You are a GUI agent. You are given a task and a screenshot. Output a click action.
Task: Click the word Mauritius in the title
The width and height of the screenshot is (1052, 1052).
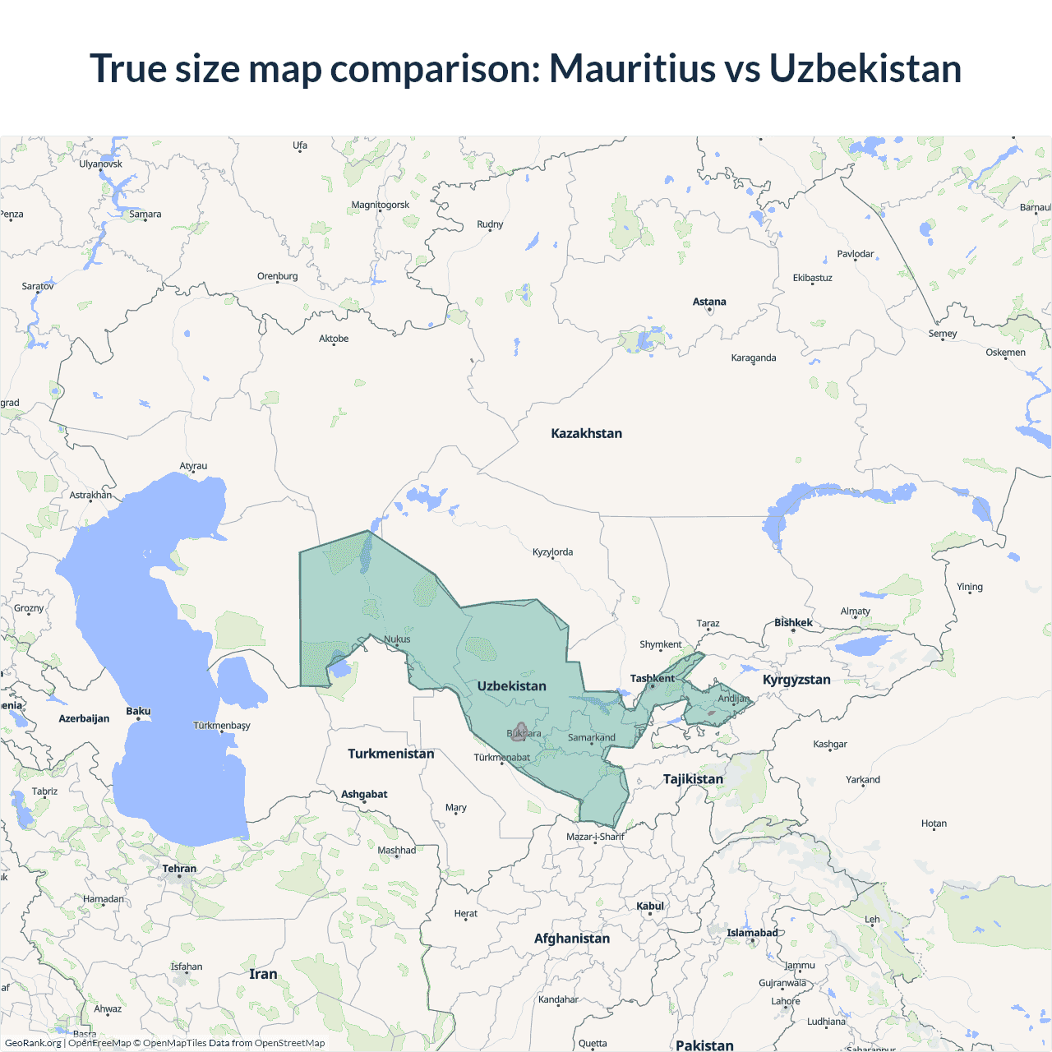coord(631,68)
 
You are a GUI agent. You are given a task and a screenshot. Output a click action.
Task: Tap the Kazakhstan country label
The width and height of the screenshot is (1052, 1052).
coord(586,433)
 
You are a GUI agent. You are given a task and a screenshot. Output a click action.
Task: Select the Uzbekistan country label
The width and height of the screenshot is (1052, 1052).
coord(511,686)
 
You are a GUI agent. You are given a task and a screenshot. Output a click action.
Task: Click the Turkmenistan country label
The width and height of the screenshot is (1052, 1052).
coord(390,754)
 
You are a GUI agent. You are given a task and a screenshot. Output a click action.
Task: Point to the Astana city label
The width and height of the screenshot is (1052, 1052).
coord(709,302)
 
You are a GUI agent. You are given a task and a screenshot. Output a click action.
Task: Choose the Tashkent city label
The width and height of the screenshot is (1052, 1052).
coord(652,679)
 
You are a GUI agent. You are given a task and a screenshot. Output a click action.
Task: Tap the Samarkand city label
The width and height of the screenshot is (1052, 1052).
coord(591,737)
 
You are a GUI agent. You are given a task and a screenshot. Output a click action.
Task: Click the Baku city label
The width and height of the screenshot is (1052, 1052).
coord(138,711)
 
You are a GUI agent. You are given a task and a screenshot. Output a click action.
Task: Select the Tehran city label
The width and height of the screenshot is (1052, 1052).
coord(179,869)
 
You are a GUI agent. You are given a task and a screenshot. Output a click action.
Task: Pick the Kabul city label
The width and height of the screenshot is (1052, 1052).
coord(650,906)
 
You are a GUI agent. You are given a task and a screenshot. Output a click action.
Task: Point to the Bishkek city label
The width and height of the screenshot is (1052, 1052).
coord(793,623)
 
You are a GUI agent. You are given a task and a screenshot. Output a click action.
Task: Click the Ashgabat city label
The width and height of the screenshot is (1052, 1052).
coord(364,794)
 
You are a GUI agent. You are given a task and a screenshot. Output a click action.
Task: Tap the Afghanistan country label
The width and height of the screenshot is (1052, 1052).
coord(572,939)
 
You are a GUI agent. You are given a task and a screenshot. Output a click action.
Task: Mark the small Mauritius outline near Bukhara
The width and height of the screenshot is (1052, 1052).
coord(519,731)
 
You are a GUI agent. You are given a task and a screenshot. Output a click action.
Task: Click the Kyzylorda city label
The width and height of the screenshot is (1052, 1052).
coord(552,552)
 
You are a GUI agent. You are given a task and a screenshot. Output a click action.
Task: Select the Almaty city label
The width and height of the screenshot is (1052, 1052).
coord(855,611)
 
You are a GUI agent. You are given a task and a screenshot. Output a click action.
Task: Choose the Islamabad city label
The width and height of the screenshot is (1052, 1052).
coord(752,933)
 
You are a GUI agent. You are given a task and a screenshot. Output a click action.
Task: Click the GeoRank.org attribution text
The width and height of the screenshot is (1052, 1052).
coord(33,1043)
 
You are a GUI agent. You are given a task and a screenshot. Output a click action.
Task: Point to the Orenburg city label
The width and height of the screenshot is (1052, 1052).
coord(277,276)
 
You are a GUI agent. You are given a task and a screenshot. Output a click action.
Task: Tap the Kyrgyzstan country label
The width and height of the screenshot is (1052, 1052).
coord(796,680)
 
